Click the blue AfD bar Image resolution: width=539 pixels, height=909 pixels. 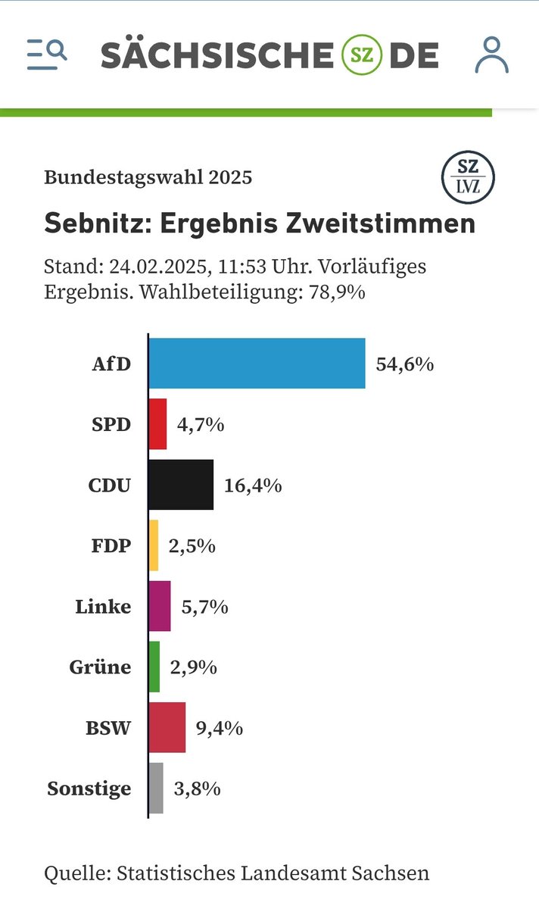tap(257, 364)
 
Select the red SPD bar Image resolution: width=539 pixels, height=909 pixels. tap(157, 424)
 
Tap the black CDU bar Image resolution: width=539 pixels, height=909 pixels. tap(181, 485)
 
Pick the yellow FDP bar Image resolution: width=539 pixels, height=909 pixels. tap(154, 545)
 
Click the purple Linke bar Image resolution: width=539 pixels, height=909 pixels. tap(160, 606)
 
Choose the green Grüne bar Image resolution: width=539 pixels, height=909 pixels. tap(154, 667)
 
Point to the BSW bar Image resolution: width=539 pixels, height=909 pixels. tap(167, 727)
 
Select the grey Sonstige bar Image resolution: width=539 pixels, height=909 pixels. tap(156, 788)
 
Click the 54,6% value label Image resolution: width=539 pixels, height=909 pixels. tap(404, 364)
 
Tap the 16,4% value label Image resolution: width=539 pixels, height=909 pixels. tap(253, 486)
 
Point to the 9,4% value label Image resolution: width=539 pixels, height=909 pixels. tap(220, 728)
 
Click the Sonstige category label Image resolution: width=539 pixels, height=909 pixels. tap(89, 789)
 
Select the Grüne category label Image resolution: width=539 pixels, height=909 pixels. tap(100, 667)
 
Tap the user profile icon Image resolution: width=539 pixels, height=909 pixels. tap(492, 55)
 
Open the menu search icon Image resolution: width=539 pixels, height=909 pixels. tap(46, 55)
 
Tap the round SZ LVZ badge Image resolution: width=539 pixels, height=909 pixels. tap(469, 176)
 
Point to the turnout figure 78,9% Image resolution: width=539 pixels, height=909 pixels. tap(335, 292)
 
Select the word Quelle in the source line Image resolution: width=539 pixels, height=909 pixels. tap(75, 873)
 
